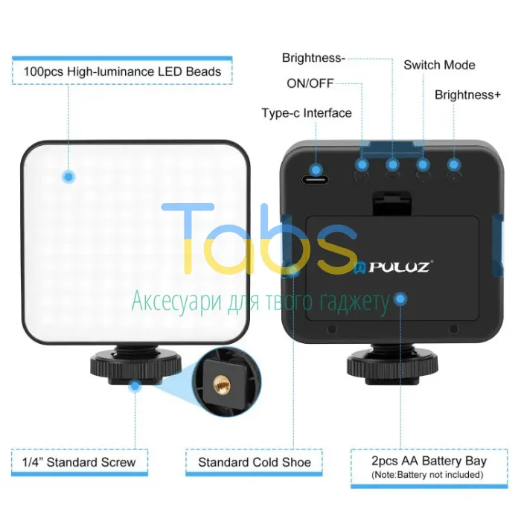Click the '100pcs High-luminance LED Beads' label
pos(122,71)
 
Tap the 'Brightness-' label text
pos(313,58)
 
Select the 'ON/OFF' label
pos(310,83)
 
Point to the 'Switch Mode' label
pos(439,65)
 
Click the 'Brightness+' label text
pos(467,95)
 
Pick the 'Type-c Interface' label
pos(307,113)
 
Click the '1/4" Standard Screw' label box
pos(80,462)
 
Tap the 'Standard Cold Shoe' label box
pos(255,462)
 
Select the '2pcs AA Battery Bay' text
pos(429,461)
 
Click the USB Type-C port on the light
pos(315,180)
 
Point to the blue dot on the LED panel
pos(68,176)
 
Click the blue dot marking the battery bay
pos(400,299)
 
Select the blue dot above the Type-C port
pos(316,170)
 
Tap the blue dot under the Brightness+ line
pos(454,164)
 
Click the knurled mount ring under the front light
pos(135,365)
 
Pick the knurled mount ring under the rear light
pos(392,365)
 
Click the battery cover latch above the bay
pos(392,203)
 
